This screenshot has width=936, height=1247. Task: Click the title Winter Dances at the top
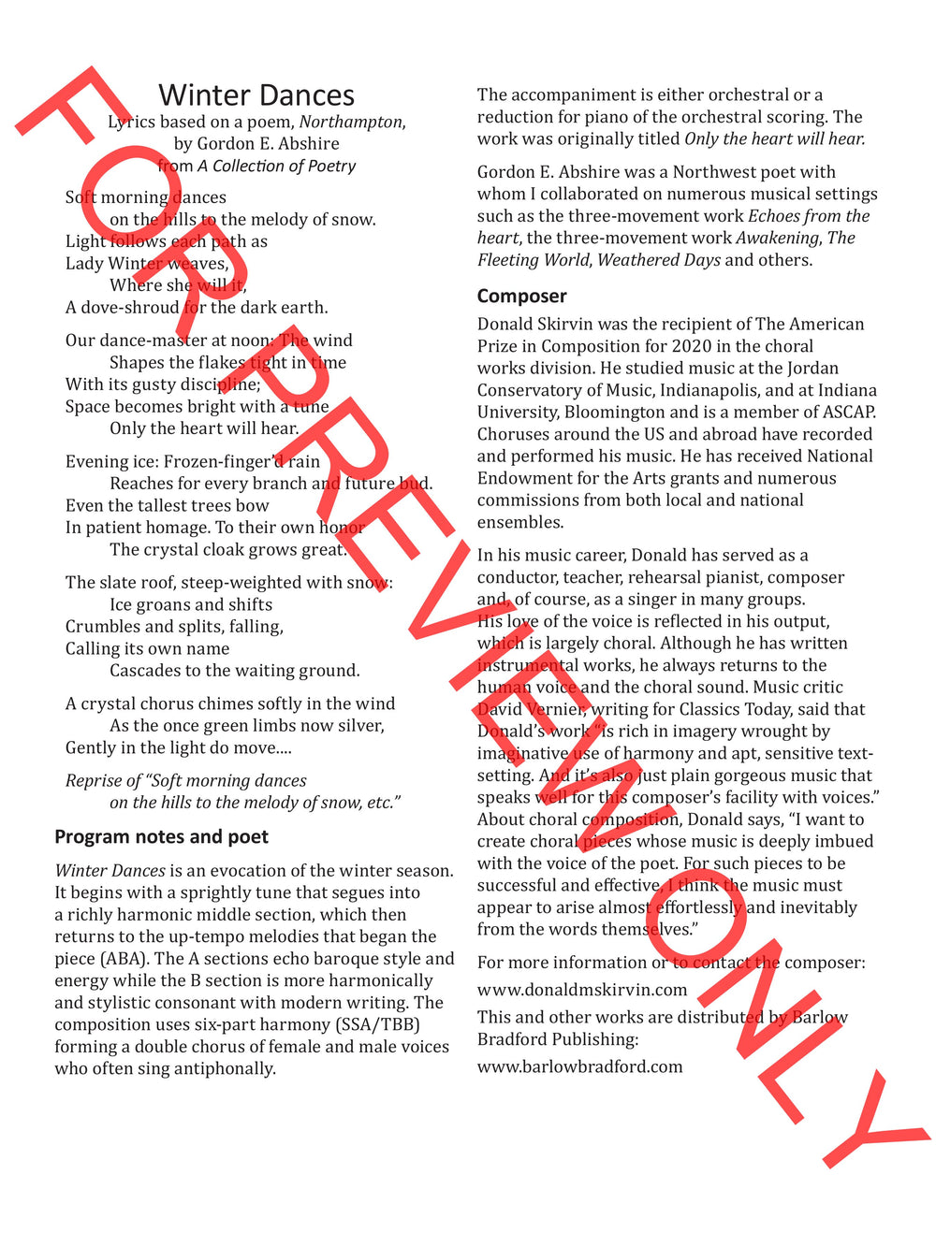(256, 95)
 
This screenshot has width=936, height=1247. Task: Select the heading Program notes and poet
(161, 836)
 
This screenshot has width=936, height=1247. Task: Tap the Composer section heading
(521, 296)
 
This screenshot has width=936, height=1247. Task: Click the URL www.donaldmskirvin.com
(581, 990)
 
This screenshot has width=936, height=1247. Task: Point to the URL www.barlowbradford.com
(579, 1066)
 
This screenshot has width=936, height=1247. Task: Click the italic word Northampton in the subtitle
(351, 122)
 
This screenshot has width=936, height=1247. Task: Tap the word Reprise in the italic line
(94, 781)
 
